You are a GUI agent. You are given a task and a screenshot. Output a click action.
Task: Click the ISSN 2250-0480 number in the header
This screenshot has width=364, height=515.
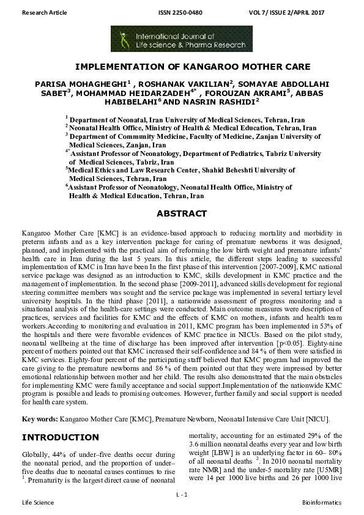182,12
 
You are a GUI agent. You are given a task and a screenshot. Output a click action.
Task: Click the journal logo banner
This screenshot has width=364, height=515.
182,39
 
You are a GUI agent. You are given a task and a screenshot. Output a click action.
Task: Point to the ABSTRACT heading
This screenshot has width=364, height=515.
182,213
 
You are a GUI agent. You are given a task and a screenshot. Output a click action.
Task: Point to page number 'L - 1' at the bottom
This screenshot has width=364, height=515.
182,493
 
